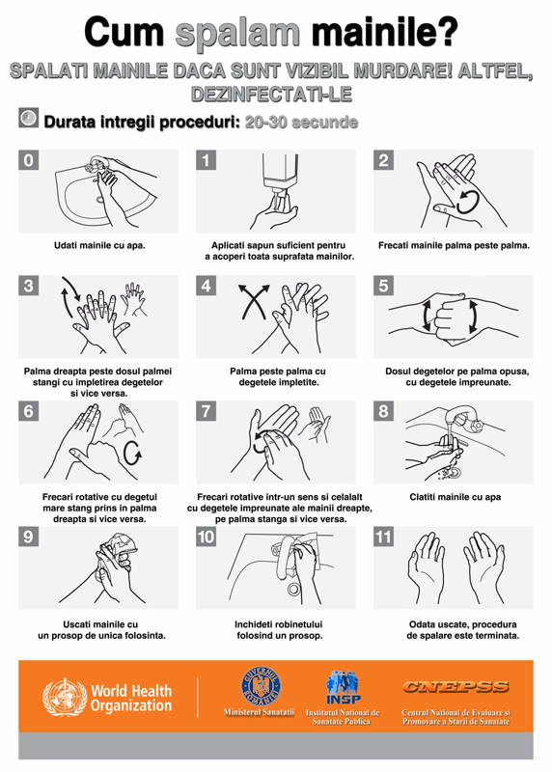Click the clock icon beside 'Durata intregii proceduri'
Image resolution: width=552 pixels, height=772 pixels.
tap(29, 118)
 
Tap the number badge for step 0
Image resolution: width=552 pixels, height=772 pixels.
tap(29, 160)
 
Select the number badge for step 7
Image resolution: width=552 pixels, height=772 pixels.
tap(206, 411)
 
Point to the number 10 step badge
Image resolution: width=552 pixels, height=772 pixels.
tap(206, 537)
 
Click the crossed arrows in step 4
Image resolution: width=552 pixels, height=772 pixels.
tap(254, 301)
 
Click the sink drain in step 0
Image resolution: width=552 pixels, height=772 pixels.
tap(100, 200)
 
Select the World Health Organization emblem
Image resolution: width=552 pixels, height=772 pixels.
tap(65, 697)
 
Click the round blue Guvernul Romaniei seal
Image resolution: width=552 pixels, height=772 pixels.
tap(261, 685)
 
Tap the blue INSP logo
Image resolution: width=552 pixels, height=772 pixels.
tap(344, 687)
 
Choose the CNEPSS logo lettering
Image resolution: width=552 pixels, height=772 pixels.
tap(455, 687)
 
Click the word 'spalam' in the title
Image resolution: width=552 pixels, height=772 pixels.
tap(237, 33)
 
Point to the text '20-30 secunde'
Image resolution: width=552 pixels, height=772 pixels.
tap(301, 123)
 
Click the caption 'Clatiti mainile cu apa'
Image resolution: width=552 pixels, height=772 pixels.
tap(455, 497)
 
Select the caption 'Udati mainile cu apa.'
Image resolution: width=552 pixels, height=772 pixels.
tap(99, 245)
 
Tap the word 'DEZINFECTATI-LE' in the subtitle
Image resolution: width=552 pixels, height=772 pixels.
tap(271, 94)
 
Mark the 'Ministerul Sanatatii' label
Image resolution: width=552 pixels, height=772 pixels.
tap(259, 712)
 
